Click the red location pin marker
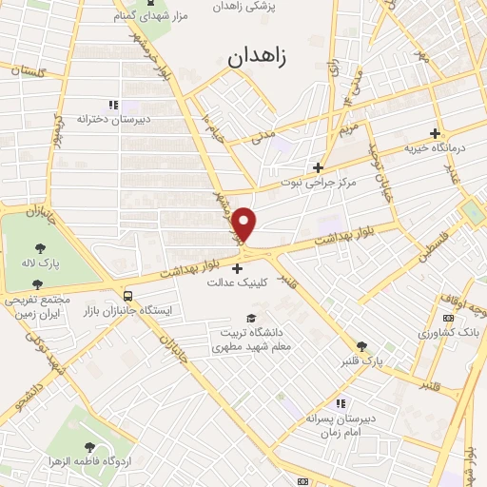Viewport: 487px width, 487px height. click(245, 224)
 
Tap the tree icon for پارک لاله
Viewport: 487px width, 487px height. click(37, 247)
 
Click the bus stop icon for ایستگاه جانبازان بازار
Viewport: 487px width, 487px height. click(128, 295)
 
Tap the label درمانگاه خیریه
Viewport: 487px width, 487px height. click(435, 148)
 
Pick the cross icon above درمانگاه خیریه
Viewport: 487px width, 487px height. click(435, 133)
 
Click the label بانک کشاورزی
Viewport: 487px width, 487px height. click(448, 333)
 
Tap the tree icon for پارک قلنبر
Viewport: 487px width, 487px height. click(361, 346)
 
